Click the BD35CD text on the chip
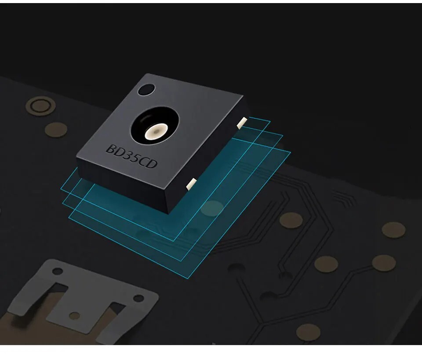click(x=131, y=157)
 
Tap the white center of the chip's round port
click(x=156, y=132)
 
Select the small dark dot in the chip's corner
click(x=146, y=89)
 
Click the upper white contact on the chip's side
click(x=242, y=122)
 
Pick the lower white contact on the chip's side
click(x=191, y=183)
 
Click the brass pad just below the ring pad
click(x=56, y=130)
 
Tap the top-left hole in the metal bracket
click(x=57, y=271)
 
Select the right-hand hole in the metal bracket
click(x=138, y=298)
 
